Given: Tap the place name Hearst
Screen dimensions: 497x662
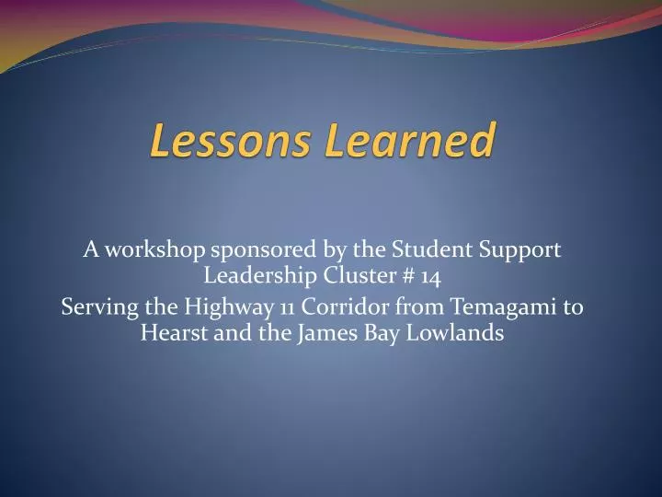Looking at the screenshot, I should click(170, 332).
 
